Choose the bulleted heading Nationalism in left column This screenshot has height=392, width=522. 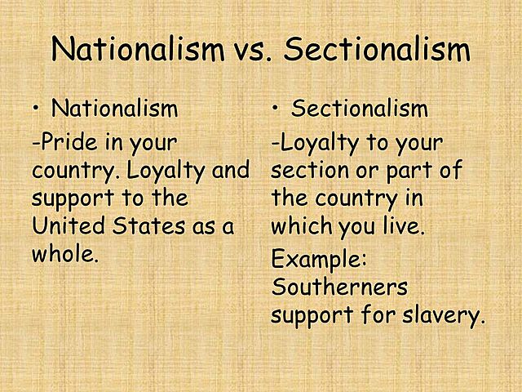pos(114,109)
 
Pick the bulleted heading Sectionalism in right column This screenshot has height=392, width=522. pos(360,109)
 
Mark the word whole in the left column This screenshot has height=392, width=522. pos(63,253)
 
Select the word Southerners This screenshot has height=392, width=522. pos(339,288)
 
